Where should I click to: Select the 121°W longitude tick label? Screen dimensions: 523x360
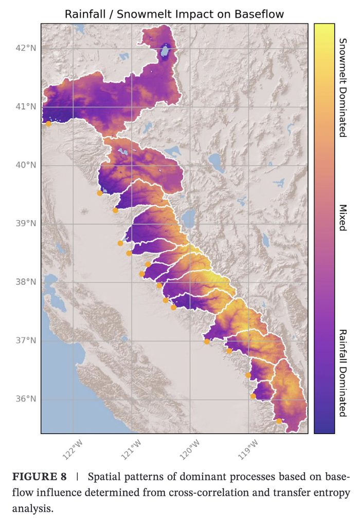click(132, 448)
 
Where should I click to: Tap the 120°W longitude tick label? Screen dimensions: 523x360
click(190, 448)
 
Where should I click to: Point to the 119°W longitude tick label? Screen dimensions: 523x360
click(248, 448)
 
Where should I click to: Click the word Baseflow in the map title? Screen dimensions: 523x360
click(257, 14)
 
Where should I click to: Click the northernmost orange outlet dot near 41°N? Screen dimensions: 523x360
click(48, 123)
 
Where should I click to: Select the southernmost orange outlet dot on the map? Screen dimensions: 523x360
click(279, 421)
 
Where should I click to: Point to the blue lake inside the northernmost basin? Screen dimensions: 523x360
click(165, 51)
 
